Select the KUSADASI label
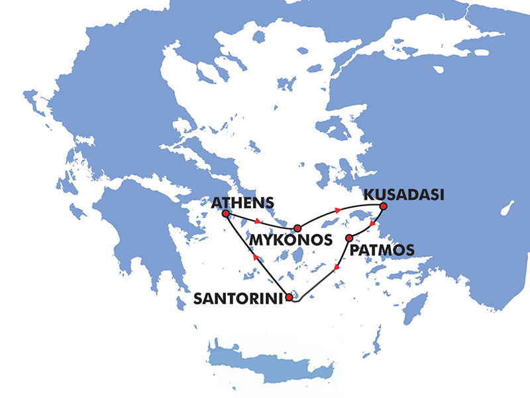point(401,196)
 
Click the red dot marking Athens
point(225,214)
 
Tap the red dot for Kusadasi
point(383,206)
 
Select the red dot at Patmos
point(349,237)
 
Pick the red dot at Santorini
point(289,298)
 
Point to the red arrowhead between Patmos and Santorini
point(337,268)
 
